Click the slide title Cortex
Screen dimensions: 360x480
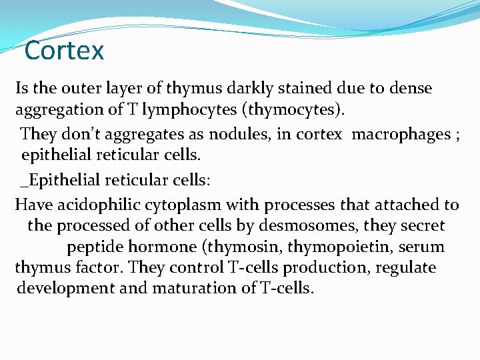click(x=64, y=51)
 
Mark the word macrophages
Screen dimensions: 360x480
click(x=401, y=134)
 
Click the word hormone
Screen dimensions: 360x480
click(x=163, y=247)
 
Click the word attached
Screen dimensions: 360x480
click(x=411, y=205)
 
